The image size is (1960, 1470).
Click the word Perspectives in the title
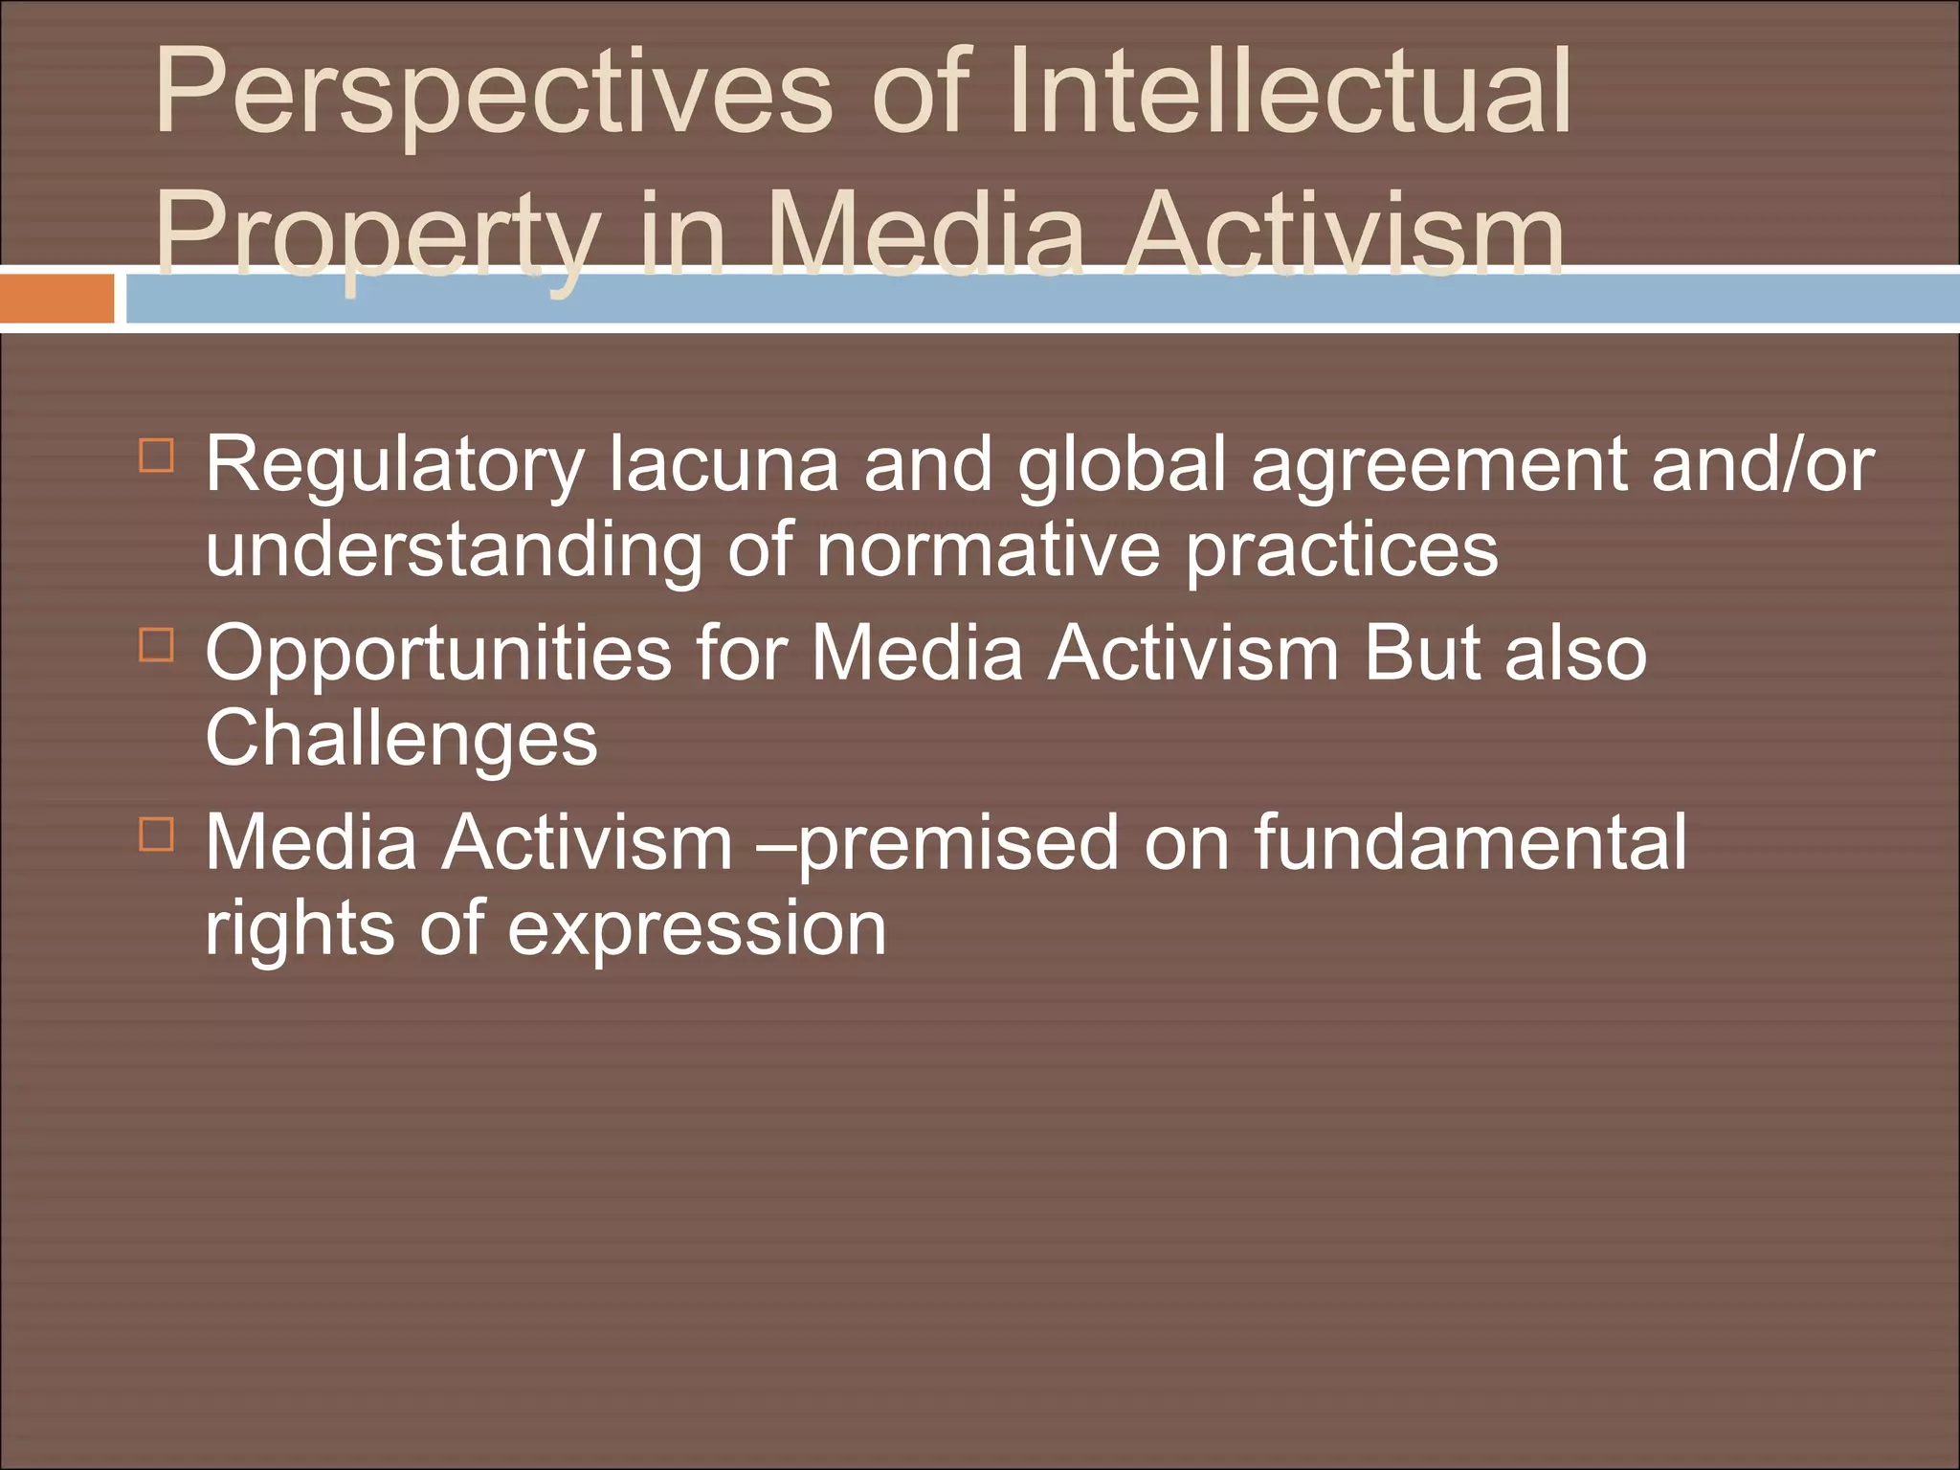(493, 96)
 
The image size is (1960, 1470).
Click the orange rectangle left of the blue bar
(56, 299)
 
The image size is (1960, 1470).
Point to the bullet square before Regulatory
(157, 456)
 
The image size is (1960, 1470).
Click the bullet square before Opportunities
(157, 645)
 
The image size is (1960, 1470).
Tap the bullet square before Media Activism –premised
(157, 835)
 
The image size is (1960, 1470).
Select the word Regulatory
(394, 466)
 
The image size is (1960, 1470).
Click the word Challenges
(401, 740)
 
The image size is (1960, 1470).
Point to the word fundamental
(1470, 842)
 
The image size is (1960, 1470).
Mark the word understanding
(454, 553)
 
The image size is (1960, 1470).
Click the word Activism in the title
(1344, 234)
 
